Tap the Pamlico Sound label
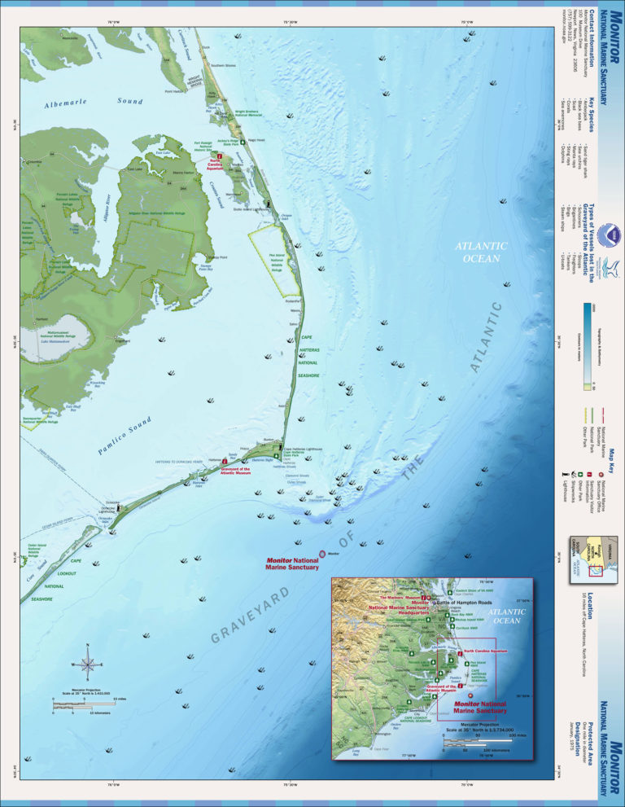[x=123, y=434]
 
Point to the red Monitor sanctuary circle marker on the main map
[x=322, y=553]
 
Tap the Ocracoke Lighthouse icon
[x=120, y=506]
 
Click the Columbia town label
[x=35, y=161]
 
